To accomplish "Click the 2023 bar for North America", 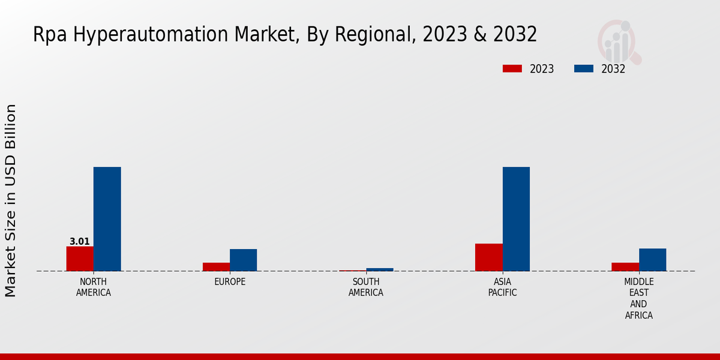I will point(80,259).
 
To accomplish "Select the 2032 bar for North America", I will point(107,219).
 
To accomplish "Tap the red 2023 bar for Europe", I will point(216,267).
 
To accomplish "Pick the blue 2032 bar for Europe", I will point(244,260).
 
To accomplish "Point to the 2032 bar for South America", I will point(380,269).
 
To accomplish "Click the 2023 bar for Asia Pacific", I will point(489,257).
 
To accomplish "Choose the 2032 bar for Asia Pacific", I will point(516,219).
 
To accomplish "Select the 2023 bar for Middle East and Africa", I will point(625,267).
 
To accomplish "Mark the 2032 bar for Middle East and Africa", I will point(652,260).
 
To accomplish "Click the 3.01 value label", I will point(80,242).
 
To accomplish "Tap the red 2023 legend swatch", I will point(512,68).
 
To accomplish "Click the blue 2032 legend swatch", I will point(584,68).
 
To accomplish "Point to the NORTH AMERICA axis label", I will point(94,287).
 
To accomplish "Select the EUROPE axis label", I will point(230,282).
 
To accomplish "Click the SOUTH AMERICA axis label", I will point(366,287).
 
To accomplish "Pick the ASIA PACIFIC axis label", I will point(502,287).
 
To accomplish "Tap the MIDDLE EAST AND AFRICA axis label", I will point(639,298).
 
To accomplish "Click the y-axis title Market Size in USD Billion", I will point(11,200).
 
